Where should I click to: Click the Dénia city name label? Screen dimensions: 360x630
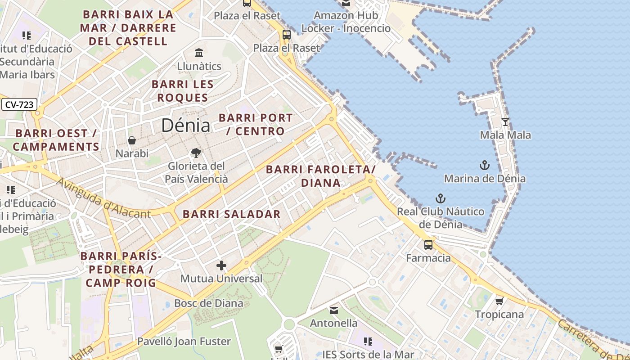(185, 125)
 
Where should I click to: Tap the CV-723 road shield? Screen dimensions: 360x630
(19, 105)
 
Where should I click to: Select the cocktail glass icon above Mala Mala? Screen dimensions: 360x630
(505, 122)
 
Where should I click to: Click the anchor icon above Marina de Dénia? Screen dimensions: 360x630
(484, 165)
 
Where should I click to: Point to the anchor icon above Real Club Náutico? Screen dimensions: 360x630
(440, 198)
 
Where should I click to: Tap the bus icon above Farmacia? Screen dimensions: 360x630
(428, 245)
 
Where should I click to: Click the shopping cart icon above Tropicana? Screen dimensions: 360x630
(499, 301)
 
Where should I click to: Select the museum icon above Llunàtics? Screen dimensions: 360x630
(199, 53)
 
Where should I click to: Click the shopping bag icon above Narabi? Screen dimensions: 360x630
(132, 141)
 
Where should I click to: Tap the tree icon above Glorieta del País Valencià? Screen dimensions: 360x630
(196, 153)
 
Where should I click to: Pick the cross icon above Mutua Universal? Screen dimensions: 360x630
(221, 265)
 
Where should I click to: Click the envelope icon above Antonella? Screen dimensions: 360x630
(334, 310)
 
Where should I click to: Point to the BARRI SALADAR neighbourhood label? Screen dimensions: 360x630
(232, 214)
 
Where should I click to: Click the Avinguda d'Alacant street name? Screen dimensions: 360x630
(103, 198)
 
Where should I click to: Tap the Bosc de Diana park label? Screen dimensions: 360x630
(208, 303)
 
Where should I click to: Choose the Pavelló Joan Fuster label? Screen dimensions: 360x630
(184, 342)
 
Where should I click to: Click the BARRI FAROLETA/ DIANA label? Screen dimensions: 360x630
(320, 176)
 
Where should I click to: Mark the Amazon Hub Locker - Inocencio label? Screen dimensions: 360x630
(346, 22)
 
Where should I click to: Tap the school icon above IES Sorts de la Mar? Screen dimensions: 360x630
(368, 342)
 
